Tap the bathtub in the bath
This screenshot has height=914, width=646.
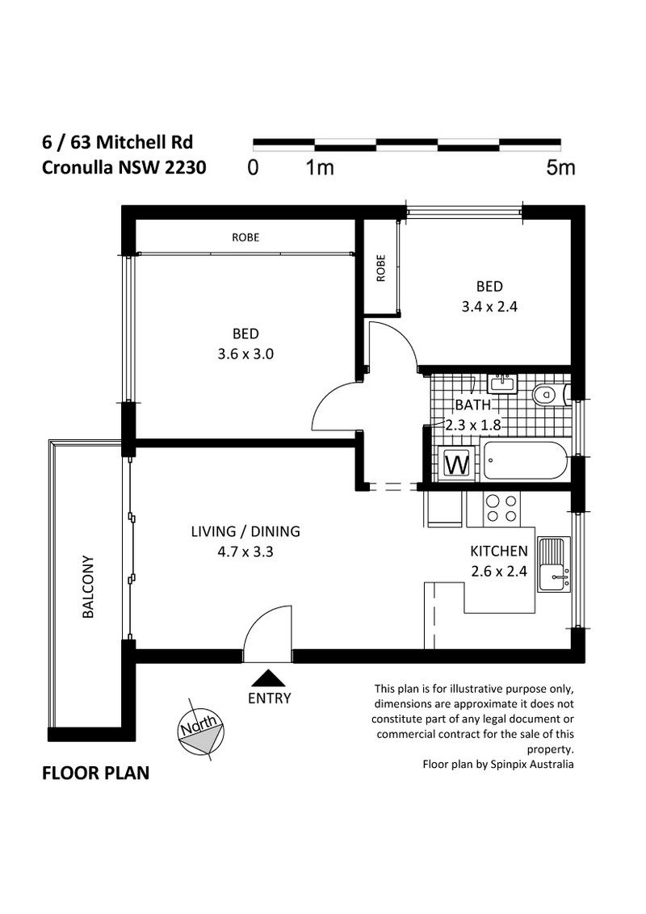(526, 460)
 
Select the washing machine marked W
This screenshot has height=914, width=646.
(457, 464)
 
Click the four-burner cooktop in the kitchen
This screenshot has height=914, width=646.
(501, 509)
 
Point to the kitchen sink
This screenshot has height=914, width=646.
(554, 564)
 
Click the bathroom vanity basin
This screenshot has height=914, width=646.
(502, 384)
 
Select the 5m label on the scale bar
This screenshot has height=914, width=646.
(560, 168)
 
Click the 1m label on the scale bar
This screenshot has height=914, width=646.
(320, 168)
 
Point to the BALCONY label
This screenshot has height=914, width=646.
(88, 587)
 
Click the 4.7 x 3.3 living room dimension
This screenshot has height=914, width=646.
(245, 551)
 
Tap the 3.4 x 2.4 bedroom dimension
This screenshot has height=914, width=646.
(489, 307)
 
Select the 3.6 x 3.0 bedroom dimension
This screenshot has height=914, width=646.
(245, 354)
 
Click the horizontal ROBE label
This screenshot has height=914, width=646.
(245, 237)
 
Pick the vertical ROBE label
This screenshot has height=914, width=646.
(380, 268)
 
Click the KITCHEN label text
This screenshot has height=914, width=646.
(498, 551)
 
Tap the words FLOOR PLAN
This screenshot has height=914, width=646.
(95, 773)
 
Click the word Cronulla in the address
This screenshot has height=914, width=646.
(78, 168)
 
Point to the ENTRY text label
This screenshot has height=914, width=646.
(270, 698)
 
